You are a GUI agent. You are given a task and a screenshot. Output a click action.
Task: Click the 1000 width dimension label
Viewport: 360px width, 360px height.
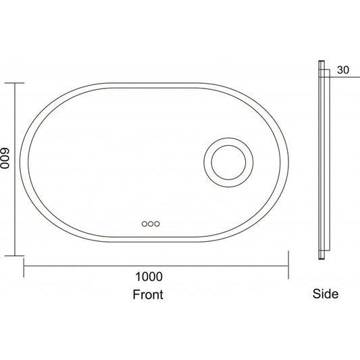(x=149, y=277)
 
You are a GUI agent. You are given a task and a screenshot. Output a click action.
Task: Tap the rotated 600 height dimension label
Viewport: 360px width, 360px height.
(x=5, y=158)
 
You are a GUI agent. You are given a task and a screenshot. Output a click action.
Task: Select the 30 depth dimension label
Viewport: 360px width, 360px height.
(x=343, y=70)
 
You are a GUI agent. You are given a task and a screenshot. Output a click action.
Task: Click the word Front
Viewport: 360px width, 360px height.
(x=148, y=294)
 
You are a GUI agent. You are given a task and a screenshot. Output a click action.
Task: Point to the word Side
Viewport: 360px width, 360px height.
(x=326, y=294)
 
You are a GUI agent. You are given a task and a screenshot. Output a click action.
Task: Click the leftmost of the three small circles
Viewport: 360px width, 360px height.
(x=144, y=224)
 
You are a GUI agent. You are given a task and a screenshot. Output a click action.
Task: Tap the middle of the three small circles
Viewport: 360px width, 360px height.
(x=151, y=224)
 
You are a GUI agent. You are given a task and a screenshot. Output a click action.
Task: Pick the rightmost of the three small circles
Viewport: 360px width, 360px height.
(x=157, y=224)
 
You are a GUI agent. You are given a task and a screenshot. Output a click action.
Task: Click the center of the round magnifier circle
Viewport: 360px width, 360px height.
(x=228, y=163)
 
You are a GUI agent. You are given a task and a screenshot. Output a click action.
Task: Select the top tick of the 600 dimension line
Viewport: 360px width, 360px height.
(x=14, y=83)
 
